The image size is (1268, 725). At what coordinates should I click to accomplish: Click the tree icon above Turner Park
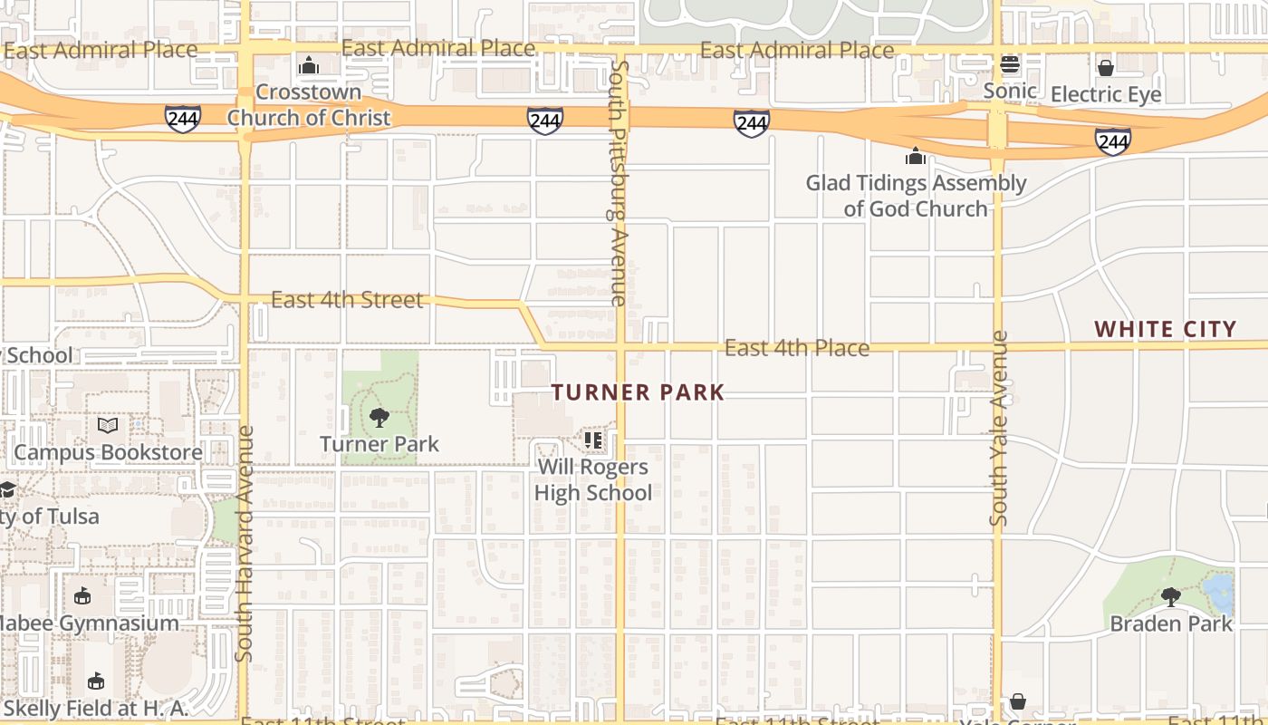(379, 418)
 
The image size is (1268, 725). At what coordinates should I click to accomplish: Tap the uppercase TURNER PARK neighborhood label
(639, 392)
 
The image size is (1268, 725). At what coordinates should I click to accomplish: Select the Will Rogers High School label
(593, 480)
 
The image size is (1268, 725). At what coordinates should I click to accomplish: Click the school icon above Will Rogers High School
(593, 440)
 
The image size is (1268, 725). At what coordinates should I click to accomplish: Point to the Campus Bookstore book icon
(108, 425)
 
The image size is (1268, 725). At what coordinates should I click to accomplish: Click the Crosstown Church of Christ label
(308, 104)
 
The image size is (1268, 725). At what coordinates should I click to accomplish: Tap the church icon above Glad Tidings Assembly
(916, 156)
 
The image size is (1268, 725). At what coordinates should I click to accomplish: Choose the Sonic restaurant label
(1010, 91)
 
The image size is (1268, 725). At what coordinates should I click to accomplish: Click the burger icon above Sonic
(1010, 64)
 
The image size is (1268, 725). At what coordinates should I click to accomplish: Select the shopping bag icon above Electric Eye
(1105, 68)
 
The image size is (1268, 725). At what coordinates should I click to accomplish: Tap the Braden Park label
(1171, 623)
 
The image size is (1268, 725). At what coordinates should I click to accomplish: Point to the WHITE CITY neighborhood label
(1165, 329)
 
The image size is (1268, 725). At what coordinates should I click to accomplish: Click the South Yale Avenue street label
(999, 428)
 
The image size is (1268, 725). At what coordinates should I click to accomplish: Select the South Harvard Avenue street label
(245, 544)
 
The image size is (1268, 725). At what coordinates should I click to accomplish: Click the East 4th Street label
(347, 300)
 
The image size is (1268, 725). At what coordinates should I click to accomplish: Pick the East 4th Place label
(797, 348)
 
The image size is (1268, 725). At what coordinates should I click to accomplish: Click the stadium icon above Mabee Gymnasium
(82, 595)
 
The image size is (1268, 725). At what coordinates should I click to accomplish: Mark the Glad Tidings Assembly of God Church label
(916, 196)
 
